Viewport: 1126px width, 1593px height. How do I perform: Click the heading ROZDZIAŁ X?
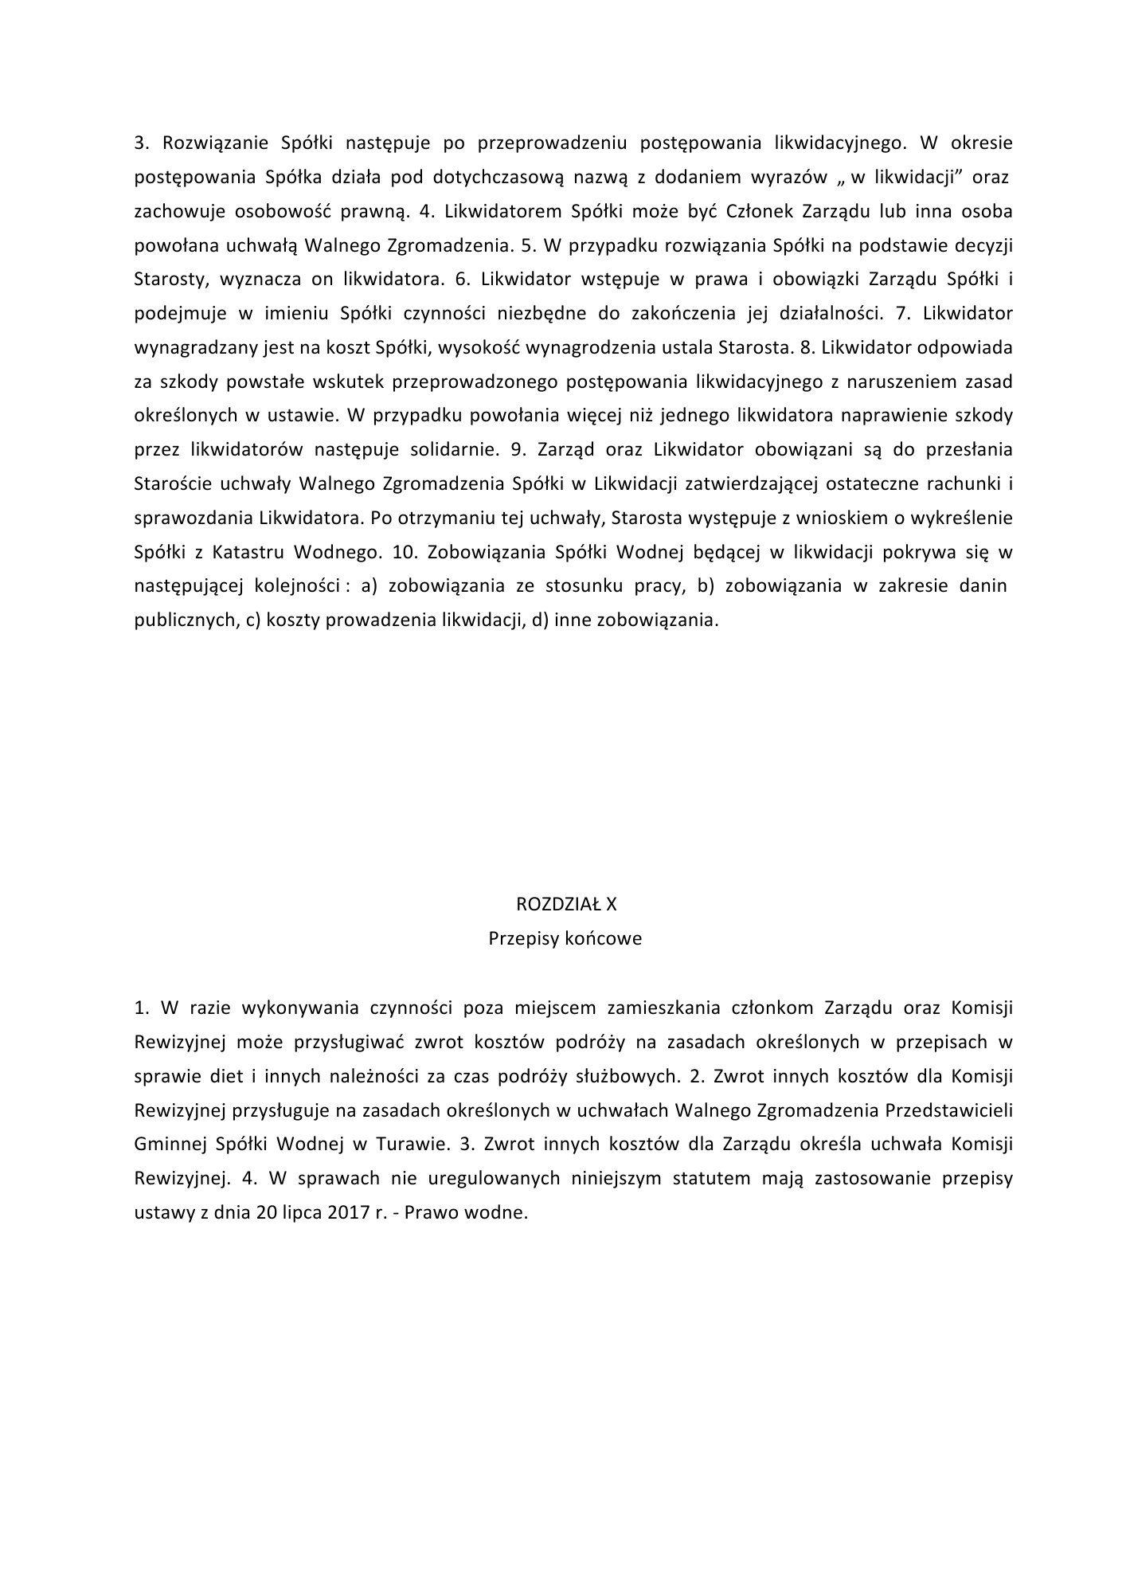(x=565, y=904)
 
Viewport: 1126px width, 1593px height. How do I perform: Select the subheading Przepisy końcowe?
(x=565, y=938)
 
